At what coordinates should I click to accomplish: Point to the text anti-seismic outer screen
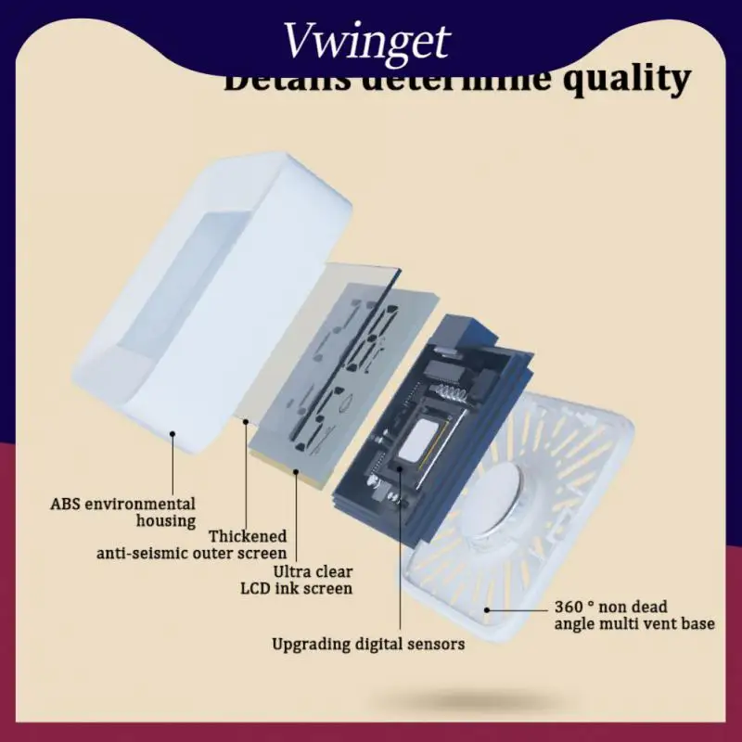pos(192,553)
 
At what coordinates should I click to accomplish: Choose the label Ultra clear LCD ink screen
pos(297,580)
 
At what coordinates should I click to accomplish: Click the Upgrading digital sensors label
pos(368,643)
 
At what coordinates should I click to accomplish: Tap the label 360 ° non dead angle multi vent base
pos(634,615)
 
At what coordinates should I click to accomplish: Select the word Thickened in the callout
pos(248,536)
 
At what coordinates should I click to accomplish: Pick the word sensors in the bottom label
pos(432,643)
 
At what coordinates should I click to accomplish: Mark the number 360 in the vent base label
pos(569,607)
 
